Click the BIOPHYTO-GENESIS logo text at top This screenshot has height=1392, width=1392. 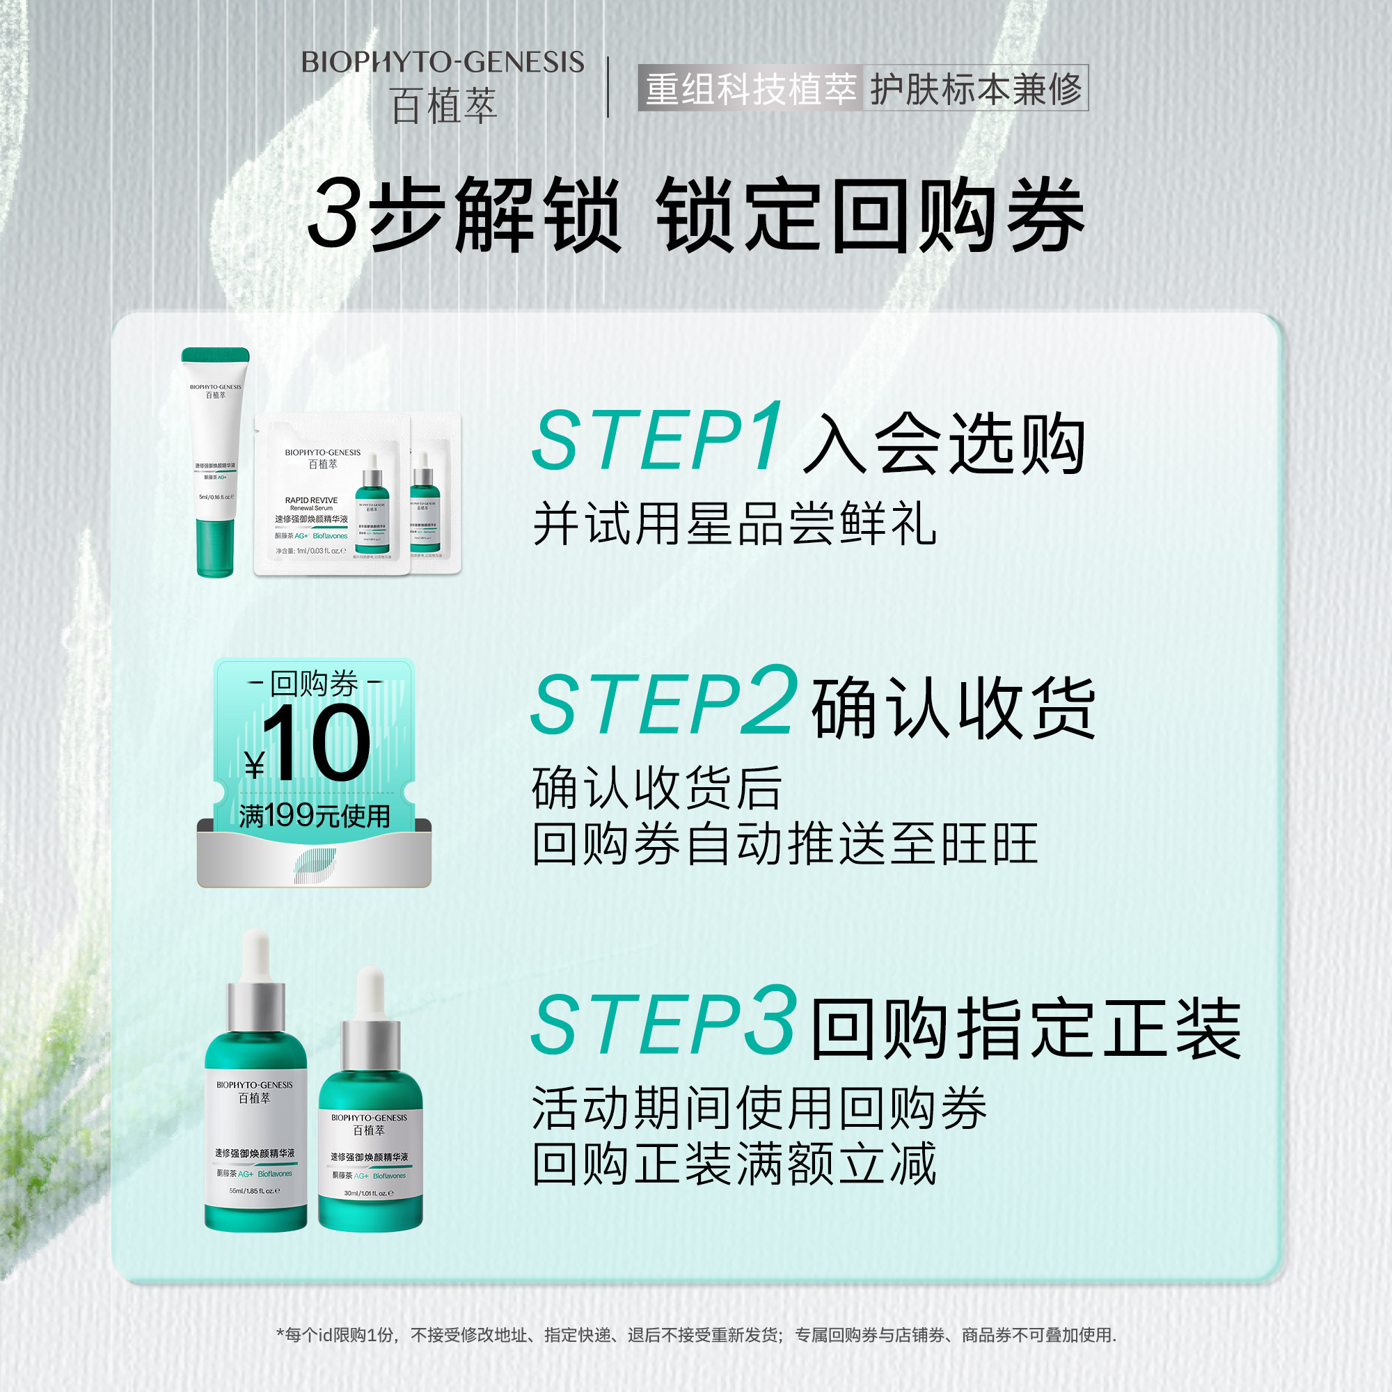(442, 63)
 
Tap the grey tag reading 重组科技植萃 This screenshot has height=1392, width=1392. (750, 89)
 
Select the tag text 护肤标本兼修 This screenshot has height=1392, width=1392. (975, 89)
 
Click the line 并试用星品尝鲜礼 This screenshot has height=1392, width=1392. (734, 524)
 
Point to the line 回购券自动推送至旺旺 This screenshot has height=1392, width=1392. (784, 843)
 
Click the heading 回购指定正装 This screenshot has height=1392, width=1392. (1026, 1029)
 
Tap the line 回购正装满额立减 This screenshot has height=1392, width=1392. (734, 1163)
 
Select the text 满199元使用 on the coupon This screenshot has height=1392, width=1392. (314, 816)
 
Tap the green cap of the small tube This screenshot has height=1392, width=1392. (216, 355)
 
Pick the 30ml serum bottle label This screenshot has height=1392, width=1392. (370, 1153)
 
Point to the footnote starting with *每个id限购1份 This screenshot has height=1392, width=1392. (696, 1335)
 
